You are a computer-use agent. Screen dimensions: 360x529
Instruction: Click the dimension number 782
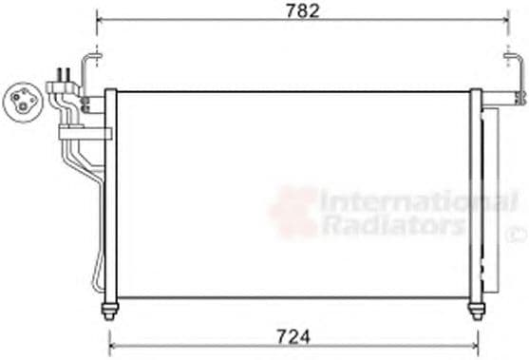[305, 11]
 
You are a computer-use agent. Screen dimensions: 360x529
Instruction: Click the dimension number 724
[294, 335]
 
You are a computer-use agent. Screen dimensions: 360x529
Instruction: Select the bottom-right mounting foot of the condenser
[476, 310]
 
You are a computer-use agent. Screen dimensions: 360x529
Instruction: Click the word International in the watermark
[418, 201]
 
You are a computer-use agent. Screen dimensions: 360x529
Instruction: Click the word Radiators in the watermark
[392, 225]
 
